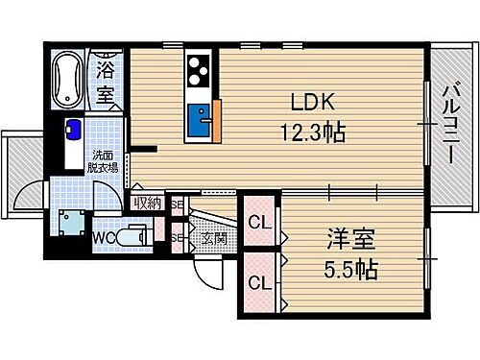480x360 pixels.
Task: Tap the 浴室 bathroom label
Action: [x=106, y=82]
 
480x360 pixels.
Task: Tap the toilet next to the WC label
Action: [x=135, y=235]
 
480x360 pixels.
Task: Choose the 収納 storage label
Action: [x=148, y=203]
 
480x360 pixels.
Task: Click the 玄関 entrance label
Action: [x=214, y=236]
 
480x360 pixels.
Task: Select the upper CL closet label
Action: [x=257, y=224]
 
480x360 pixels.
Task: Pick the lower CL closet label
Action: [x=257, y=283]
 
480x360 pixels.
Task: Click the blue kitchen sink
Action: [x=201, y=119]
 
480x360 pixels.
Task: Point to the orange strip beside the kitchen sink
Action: [x=218, y=121]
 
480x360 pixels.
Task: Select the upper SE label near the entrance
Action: [x=176, y=204]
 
